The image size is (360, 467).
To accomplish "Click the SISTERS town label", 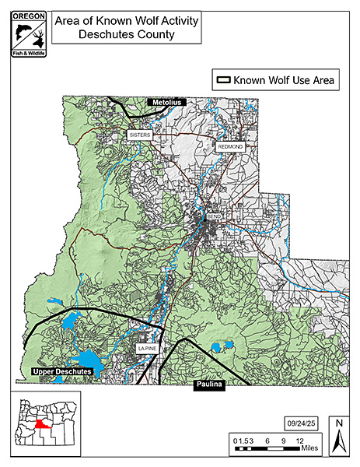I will click(x=139, y=135).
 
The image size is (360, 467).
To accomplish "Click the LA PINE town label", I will click(x=147, y=349).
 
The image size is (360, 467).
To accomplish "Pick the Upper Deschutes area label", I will click(x=63, y=373).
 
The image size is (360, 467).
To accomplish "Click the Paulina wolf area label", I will click(x=208, y=384).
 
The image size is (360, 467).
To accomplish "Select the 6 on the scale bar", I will click(x=267, y=440).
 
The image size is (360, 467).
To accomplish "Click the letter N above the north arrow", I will click(x=339, y=424).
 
